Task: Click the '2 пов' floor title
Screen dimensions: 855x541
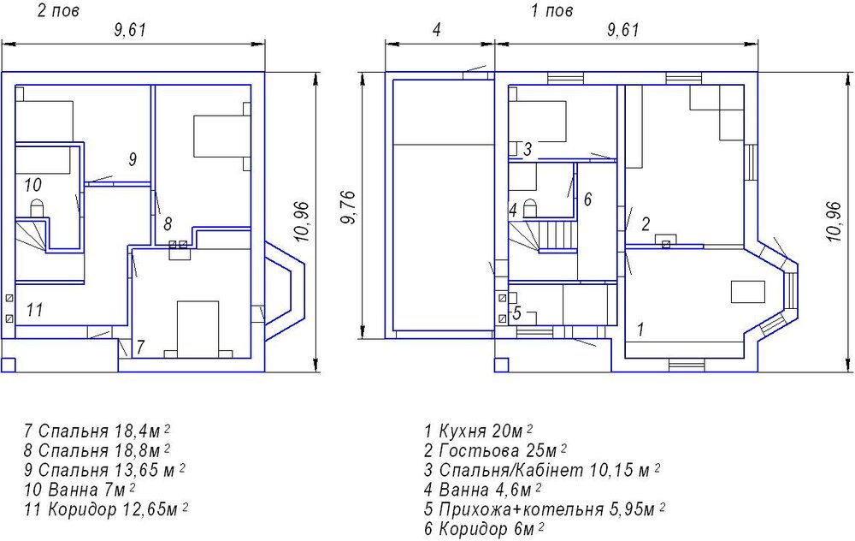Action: click(x=58, y=11)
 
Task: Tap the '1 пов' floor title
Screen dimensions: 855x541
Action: click(x=551, y=11)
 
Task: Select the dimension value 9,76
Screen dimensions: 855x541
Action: click(x=347, y=207)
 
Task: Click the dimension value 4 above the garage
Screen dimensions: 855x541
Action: click(x=436, y=30)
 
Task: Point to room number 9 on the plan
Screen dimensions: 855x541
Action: click(x=133, y=159)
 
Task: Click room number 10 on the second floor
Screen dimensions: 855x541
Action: click(x=32, y=185)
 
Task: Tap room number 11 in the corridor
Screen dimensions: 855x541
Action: click(x=34, y=310)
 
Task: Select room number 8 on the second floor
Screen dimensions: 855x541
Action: click(x=168, y=223)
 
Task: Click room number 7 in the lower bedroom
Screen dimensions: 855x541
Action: click(x=141, y=348)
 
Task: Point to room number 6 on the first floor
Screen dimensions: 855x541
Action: click(x=587, y=199)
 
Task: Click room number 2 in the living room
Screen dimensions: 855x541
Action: click(x=646, y=223)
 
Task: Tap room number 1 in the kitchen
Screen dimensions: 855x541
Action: click(x=640, y=330)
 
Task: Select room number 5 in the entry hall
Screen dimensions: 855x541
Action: click(x=517, y=313)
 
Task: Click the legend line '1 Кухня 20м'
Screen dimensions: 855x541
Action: click(x=478, y=431)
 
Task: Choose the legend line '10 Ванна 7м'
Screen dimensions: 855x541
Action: click(x=80, y=489)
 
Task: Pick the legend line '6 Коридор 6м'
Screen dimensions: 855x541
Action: click(x=484, y=528)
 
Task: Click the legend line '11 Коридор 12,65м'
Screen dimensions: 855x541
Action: click(x=106, y=509)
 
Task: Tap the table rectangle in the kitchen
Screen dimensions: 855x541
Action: click(x=748, y=291)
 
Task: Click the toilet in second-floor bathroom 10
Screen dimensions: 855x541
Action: click(x=37, y=209)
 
